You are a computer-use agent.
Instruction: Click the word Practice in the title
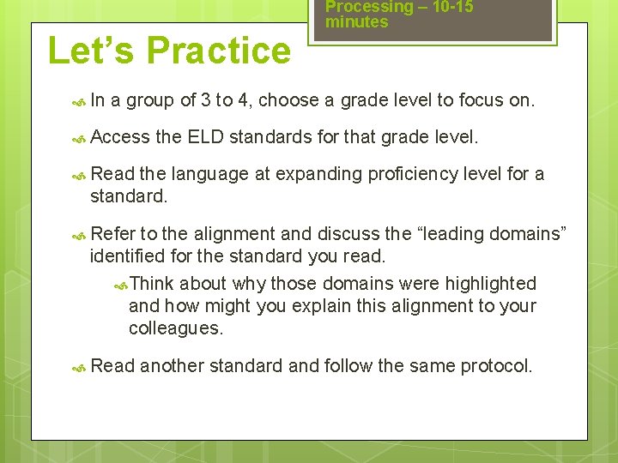(x=219, y=51)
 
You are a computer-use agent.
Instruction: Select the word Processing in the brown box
(x=369, y=7)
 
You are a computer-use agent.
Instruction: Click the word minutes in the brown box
(x=356, y=22)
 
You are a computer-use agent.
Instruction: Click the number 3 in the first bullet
(x=205, y=100)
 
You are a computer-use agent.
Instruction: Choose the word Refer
(x=111, y=234)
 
